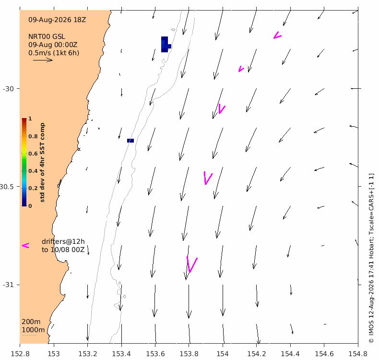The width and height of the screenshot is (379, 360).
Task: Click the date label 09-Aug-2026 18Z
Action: pos(57,20)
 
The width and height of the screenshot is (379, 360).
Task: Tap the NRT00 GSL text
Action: pos(47,36)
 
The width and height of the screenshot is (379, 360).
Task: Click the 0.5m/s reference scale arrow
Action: pos(43,60)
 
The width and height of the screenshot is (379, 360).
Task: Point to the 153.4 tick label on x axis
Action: pos(121,354)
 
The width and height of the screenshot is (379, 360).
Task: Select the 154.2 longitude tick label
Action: pos(257,354)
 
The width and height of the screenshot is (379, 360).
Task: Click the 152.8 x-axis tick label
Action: pos(20,354)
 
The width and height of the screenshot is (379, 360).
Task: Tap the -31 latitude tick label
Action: pos(8,285)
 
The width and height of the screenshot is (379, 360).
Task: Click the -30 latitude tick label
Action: pos(8,89)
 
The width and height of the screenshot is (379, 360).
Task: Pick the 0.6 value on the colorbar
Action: pos(33,154)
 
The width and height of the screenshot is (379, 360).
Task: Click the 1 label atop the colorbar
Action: pos(30,119)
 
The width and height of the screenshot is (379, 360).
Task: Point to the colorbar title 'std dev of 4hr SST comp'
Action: pos(42,162)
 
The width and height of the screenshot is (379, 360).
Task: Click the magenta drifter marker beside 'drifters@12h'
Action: pos(25,246)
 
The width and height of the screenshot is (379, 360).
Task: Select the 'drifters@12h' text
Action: pos(63,241)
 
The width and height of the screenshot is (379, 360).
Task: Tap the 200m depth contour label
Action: pos(31,322)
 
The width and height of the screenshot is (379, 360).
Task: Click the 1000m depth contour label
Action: pos(33,330)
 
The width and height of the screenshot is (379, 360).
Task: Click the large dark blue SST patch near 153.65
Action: pos(165,45)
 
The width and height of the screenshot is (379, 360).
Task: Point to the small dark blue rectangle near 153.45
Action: pos(130,141)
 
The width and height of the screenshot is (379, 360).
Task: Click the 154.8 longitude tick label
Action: pos(358,354)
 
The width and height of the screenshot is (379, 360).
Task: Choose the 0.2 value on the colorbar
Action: pos(33,188)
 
